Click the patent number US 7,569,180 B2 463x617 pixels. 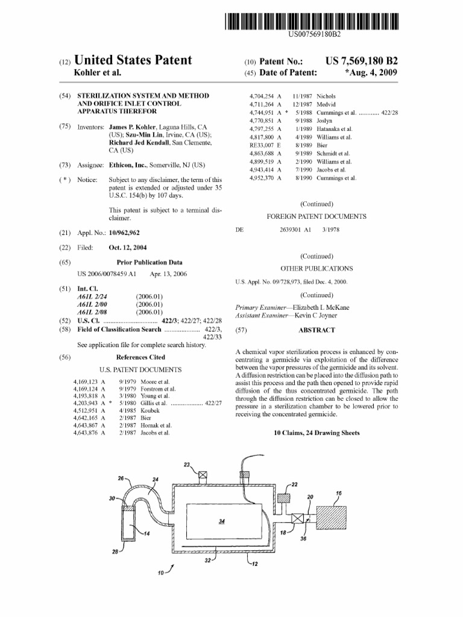point(361,61)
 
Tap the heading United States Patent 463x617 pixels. point(133,60)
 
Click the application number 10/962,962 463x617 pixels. point(128,233)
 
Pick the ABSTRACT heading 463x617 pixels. point(317,330)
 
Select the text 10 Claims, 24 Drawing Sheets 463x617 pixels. point(317,433)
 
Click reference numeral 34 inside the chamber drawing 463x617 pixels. point(222,521)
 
